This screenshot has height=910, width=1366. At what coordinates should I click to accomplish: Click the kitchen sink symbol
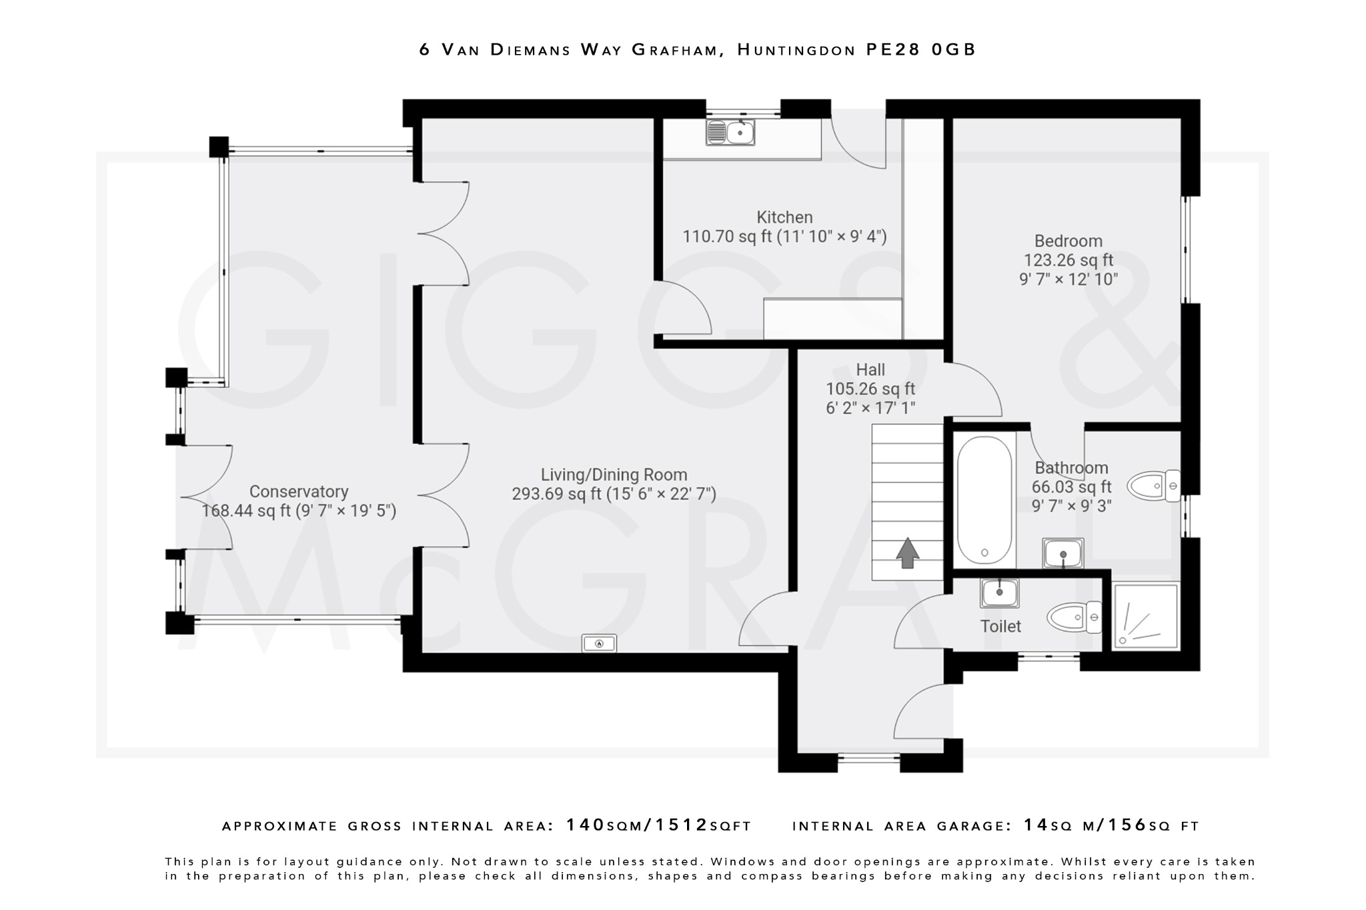730,132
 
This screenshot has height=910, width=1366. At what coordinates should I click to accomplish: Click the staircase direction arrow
907,553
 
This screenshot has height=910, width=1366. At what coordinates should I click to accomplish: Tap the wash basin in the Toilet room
999,593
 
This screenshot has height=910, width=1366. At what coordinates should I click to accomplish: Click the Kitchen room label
784,217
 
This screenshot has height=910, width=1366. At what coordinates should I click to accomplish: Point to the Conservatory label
299,492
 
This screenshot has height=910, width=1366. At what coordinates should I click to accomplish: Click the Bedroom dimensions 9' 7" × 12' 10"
1068,279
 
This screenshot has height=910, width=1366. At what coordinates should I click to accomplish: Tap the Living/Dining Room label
614,475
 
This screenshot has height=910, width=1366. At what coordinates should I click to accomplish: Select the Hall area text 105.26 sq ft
870,389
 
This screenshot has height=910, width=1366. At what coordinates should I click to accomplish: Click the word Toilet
1000,627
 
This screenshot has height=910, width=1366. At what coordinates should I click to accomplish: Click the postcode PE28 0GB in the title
920,49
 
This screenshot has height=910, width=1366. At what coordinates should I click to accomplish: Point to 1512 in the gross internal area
681,825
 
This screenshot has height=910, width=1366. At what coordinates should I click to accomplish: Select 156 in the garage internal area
1127,825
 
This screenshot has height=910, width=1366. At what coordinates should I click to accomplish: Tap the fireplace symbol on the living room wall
599,643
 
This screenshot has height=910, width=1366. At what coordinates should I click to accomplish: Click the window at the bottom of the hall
868,758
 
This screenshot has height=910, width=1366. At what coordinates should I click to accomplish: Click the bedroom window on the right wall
1186,250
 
